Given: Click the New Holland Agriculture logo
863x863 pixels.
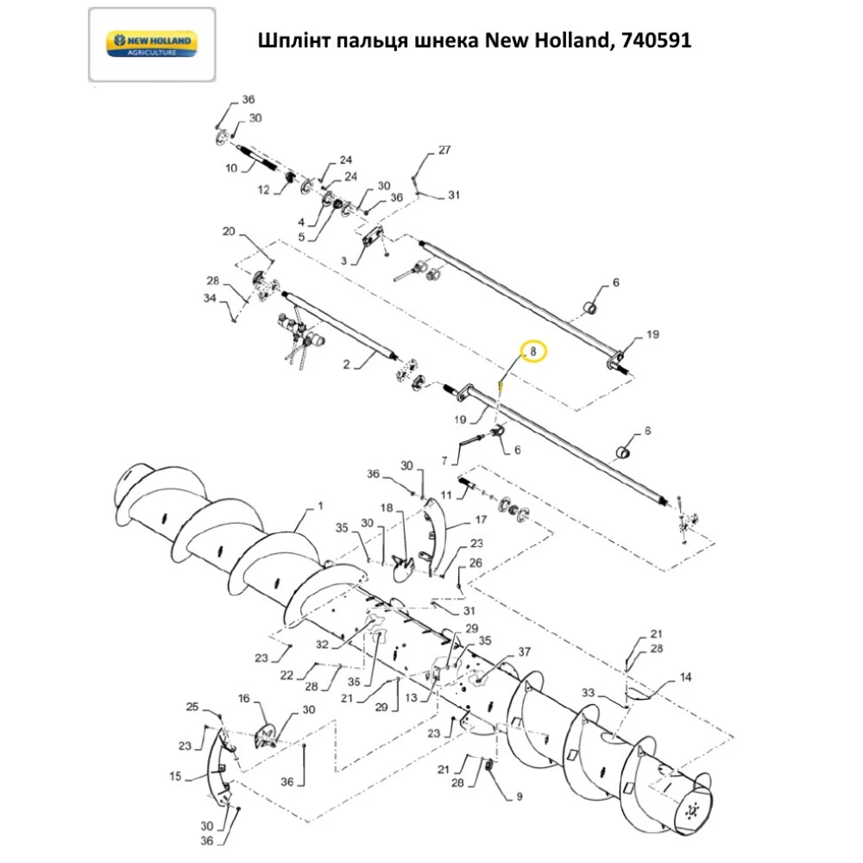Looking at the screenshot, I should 151,44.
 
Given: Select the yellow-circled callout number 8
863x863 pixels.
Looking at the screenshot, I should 533,351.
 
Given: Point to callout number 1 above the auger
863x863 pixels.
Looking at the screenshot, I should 321,503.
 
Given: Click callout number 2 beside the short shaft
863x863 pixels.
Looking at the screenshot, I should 346,365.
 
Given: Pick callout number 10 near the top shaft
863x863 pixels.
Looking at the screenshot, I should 231,168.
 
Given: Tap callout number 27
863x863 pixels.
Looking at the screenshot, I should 444,150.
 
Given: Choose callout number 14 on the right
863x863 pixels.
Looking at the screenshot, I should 685,677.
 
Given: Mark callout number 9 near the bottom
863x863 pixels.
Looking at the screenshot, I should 519,797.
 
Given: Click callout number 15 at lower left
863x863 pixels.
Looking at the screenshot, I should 176,777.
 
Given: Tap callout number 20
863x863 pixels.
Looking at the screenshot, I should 229,231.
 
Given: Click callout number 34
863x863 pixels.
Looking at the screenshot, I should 210,299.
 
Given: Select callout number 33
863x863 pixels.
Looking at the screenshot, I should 589,692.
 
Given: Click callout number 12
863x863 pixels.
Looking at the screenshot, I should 265,190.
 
